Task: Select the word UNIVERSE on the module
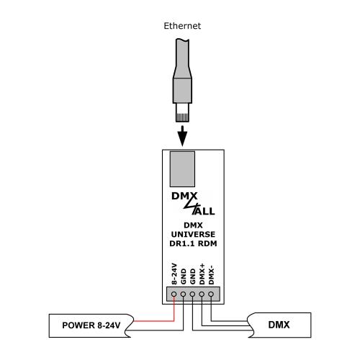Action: pyautogui.click(x=191, y=235)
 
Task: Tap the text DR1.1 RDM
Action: pyautogui.click(x=191, y=245)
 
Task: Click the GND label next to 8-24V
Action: pyautogui.click(x=184, y=276)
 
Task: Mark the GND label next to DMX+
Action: pyautogui.click(x=192, y=276)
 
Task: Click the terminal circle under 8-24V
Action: pyautogui.click(x=174, y=294)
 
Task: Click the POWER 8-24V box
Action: pyautogui.click(x=90, y=326)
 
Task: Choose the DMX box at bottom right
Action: pyautogui.click(x=280, y=326)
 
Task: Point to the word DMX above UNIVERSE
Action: pyautogui.click(x=191, y=226)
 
